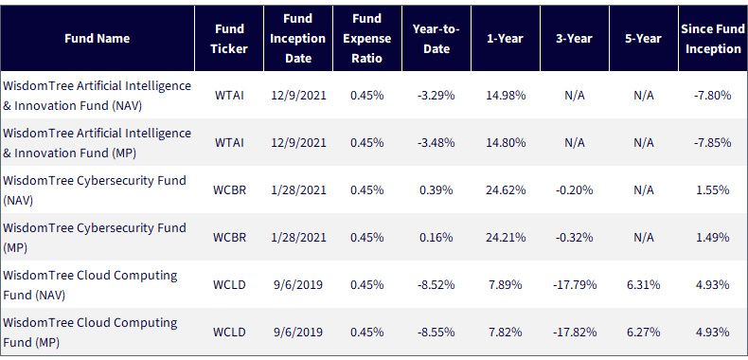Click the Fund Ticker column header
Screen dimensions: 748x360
[x=229, y=39]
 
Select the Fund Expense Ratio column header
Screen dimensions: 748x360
[x=367, y=38]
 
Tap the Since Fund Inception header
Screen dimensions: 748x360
[x=713, y=39]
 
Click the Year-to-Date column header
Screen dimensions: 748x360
[x=436, y=39]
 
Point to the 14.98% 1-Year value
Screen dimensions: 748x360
[x=506, y=95]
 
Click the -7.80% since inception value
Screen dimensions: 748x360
[x=713, y=95]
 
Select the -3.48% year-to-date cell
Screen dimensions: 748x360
[x=436, y=142]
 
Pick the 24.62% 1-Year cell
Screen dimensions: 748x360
[x=506, y=190]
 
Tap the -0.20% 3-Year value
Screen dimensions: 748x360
[x=575, y=190]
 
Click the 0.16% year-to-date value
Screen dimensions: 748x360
[x=436, y=237]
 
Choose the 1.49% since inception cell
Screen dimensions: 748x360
[x=713, y=237]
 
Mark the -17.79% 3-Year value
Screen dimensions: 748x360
[x=575, y=285]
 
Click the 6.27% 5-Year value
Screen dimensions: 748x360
[x=644, y=333]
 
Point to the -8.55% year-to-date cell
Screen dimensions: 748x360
[x=436, y=333]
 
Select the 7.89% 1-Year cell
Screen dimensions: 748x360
[x=506, y=285]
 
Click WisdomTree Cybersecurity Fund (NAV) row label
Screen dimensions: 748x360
[x=95, y=190]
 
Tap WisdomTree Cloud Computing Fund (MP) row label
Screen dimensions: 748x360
[x=90, y=333]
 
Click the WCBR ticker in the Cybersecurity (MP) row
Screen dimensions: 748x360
[x=229, y=237]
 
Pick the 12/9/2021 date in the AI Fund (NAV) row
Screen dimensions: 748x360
[x=298, y=95]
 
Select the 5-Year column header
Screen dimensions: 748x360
[x=644, y=39]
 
